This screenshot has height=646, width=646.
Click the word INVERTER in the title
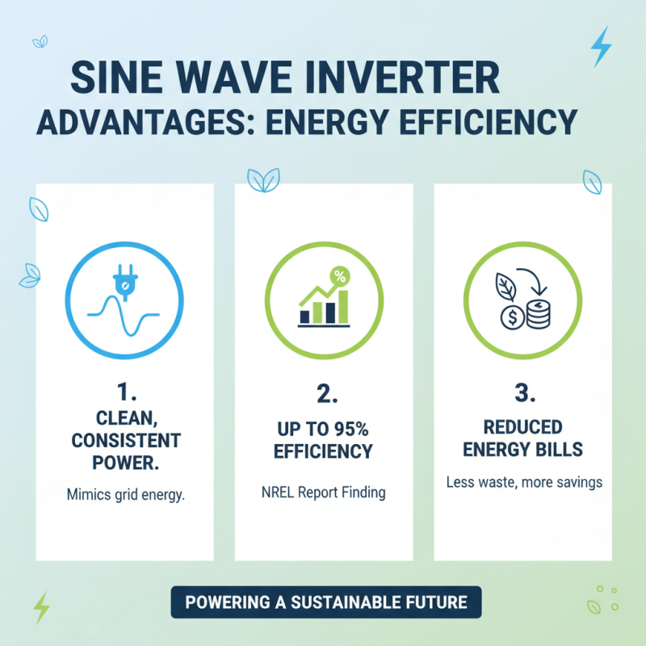click(x=421, y=82)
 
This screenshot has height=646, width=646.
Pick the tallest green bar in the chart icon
click(x=344, y=305)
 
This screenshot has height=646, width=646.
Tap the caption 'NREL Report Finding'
click(x=323, y=491)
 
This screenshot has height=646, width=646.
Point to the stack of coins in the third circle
click(x=537, y=313)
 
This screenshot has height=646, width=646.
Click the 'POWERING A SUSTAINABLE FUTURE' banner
click(x=325, y=602)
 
